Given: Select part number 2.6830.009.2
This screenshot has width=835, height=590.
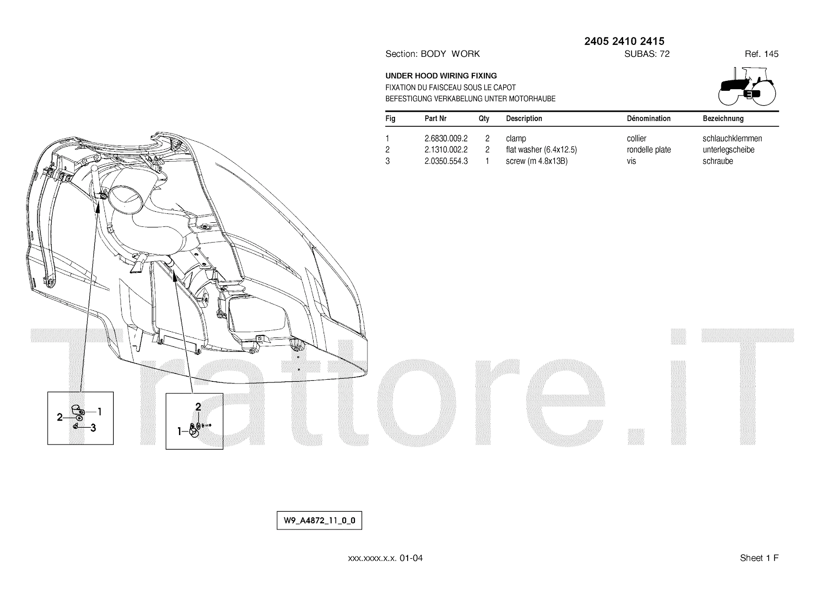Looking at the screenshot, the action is click(446, 139).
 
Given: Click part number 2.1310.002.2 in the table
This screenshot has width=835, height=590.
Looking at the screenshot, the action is click(446, 150).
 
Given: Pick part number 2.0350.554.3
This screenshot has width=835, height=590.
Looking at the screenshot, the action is click(446, 161).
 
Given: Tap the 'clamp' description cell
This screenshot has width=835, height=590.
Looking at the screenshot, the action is click(516, 139).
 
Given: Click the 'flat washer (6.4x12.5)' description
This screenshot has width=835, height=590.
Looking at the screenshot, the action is click(541, 150).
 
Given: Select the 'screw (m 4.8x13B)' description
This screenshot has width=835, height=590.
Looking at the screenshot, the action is click(536, 161).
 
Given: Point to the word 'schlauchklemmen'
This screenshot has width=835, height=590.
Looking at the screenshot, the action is click(732, 139).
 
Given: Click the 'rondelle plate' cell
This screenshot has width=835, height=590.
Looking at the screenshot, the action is click(649, 150).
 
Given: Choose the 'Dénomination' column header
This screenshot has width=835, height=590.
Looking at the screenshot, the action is click(648, 118).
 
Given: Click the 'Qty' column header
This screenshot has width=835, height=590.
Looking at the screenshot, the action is click(484, 118).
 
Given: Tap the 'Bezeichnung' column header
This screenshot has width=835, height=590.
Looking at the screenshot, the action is click(723, 118).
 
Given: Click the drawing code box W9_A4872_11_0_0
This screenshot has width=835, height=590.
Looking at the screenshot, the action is click(319, 521).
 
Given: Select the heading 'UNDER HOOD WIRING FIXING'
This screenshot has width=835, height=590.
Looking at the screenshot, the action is click(441, 76).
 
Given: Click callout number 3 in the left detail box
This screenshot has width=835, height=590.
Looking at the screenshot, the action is click(93, 428).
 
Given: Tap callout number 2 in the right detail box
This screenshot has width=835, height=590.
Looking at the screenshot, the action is click(198, 406).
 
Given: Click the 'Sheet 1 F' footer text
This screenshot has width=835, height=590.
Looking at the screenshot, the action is click(759, 558).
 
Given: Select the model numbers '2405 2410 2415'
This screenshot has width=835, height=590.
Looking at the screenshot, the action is click(624, 41).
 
